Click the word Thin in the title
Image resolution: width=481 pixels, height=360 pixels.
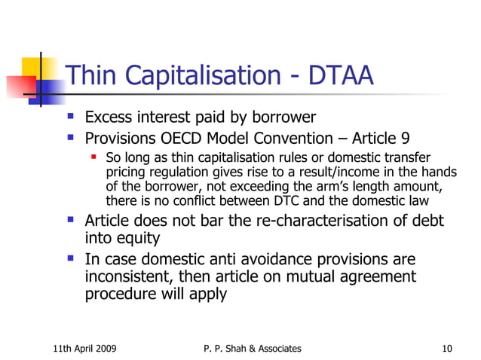click(92, 76)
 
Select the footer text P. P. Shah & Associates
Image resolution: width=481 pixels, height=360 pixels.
click(252, 348)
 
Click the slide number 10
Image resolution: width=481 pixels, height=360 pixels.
click(447, 348)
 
